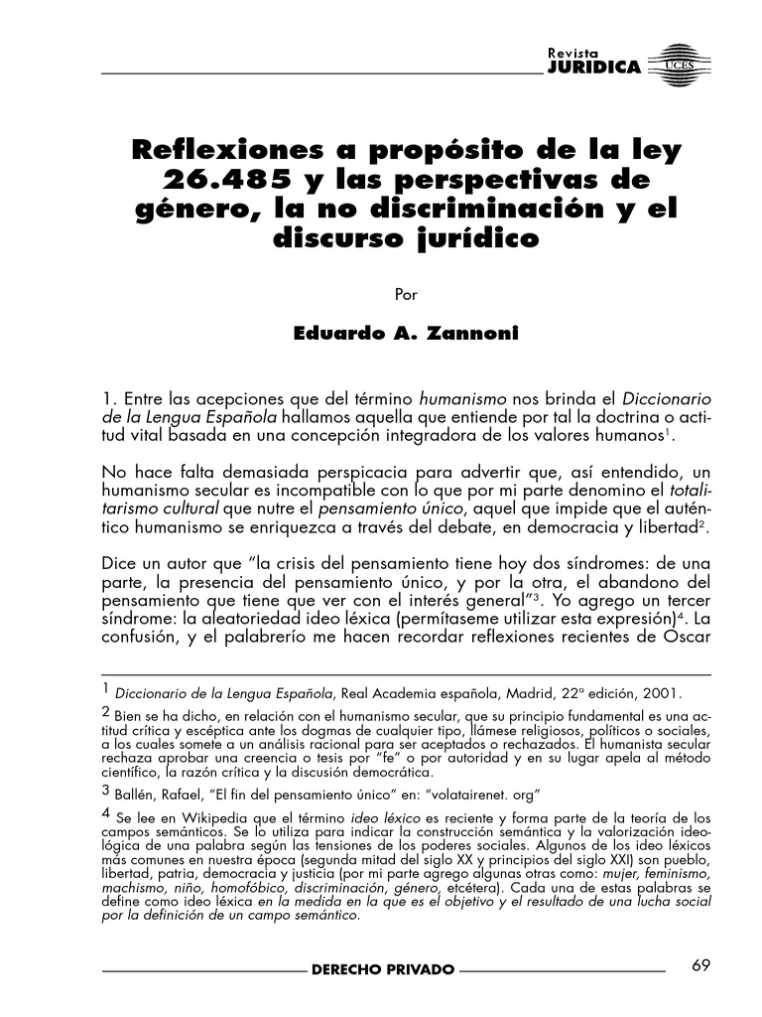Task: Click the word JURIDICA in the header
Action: point(593,68)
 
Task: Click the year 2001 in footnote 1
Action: point(664,693)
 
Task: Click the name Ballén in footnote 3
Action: point(136,793)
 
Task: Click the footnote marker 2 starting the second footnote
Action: point(106,711)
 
